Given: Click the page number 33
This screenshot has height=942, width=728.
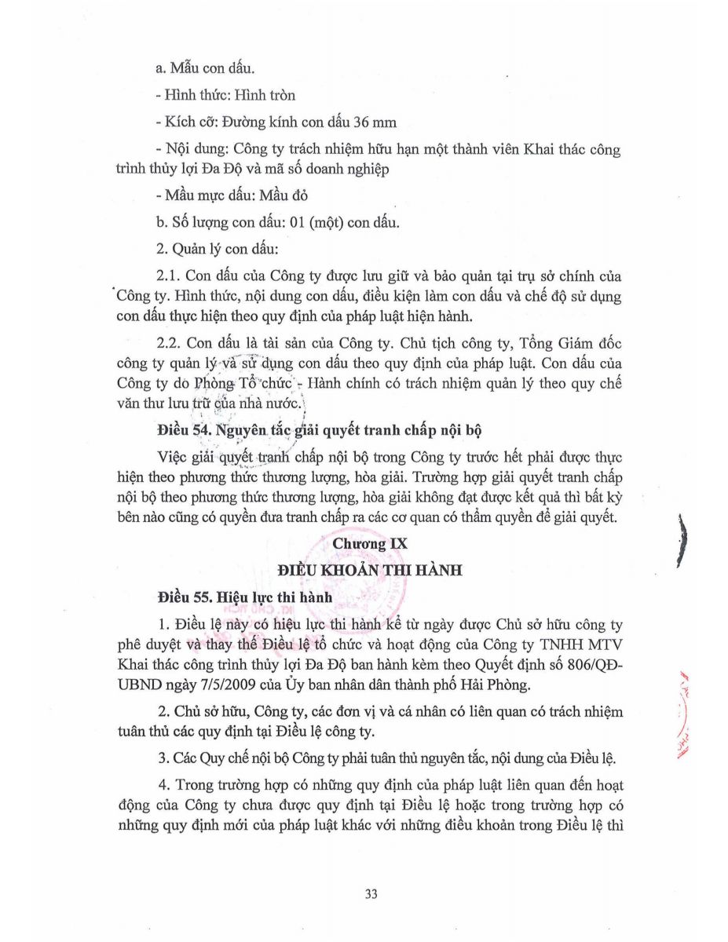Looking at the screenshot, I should (x=372, y=893).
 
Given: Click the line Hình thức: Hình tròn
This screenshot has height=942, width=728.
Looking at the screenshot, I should (x=226, y=96).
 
